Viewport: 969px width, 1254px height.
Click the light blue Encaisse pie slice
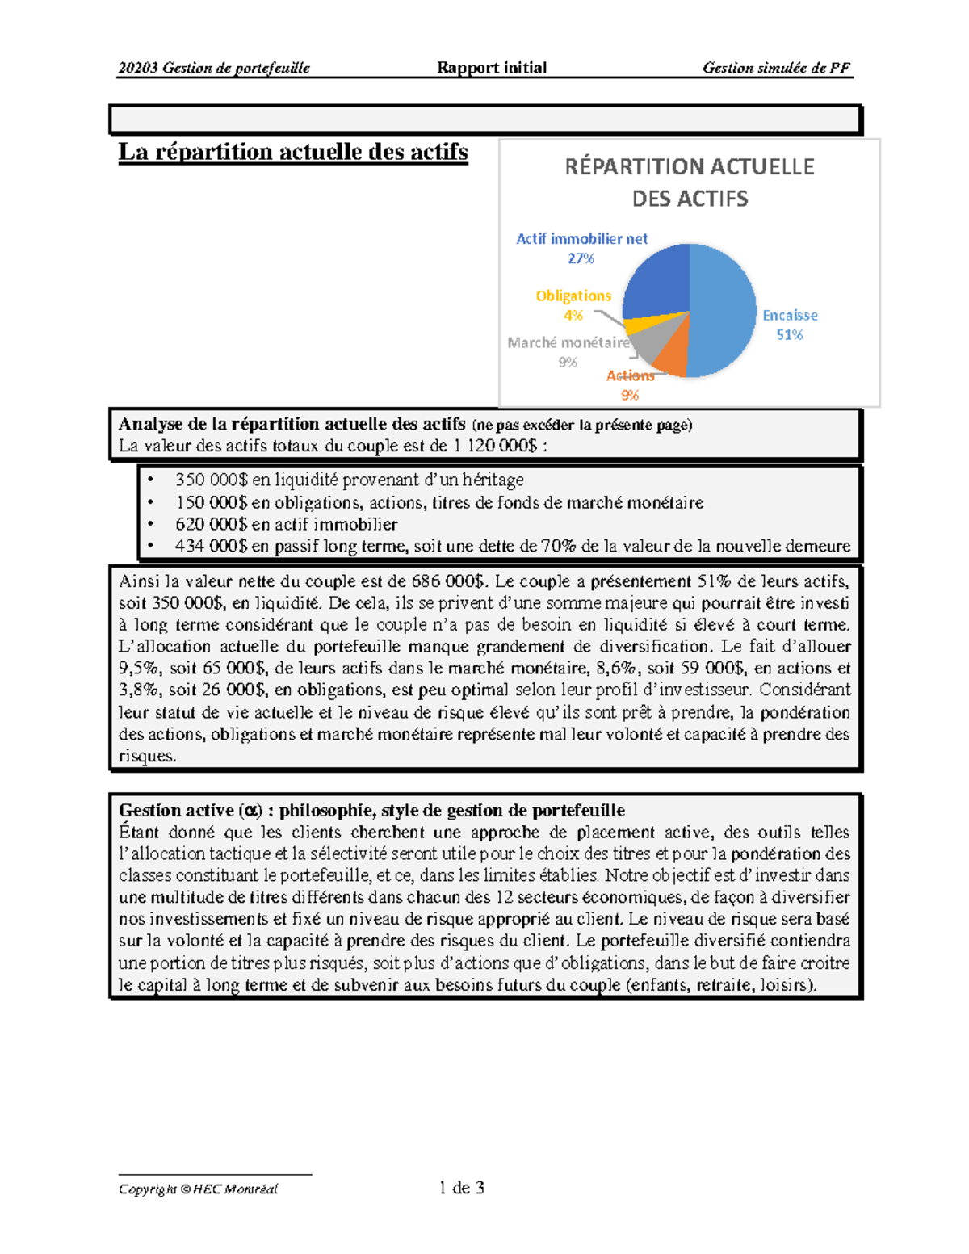[723, 311]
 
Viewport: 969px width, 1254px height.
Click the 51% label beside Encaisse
[789, 335]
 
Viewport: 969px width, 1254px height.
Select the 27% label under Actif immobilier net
[581, 258]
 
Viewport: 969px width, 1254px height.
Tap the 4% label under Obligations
[573, 316]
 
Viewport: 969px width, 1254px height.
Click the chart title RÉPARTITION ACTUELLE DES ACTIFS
[690, 182]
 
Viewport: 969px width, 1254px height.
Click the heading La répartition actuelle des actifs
[293, 152]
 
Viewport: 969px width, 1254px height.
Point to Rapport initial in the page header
[492, 68]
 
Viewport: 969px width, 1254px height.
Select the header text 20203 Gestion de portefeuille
[213, 68]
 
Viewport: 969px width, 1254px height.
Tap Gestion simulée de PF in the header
[776, 68]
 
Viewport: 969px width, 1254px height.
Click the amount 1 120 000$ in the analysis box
[494, 446]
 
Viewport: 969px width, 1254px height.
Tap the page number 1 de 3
[461, 1188]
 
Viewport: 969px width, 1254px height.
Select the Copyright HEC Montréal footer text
[198, 1189]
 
